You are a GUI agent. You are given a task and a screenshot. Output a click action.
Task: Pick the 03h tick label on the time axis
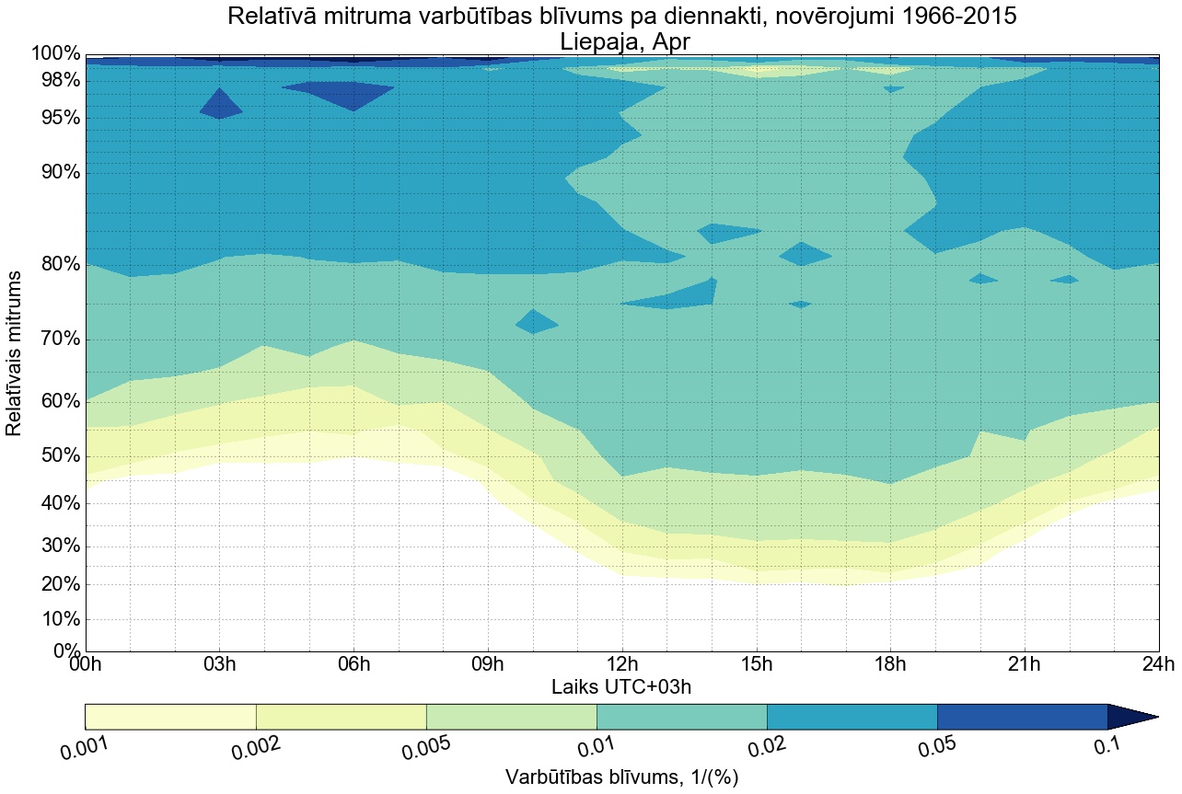coord(219,665)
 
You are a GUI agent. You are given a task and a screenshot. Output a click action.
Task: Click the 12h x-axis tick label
coord(621,665)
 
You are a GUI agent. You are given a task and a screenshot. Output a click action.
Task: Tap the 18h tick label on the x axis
coord(889,665)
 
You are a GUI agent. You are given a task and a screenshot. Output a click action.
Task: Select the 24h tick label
coord(1157,665)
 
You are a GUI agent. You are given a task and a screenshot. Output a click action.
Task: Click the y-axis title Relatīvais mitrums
coord(15,353)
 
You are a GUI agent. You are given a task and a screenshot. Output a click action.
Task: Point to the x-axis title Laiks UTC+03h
coord(621,686)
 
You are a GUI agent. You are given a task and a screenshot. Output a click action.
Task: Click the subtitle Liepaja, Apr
coord(623,41)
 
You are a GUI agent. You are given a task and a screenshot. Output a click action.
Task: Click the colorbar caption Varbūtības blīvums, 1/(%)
coord(622,777)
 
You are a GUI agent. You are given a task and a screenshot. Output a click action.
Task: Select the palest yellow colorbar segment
coord(170,717)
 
